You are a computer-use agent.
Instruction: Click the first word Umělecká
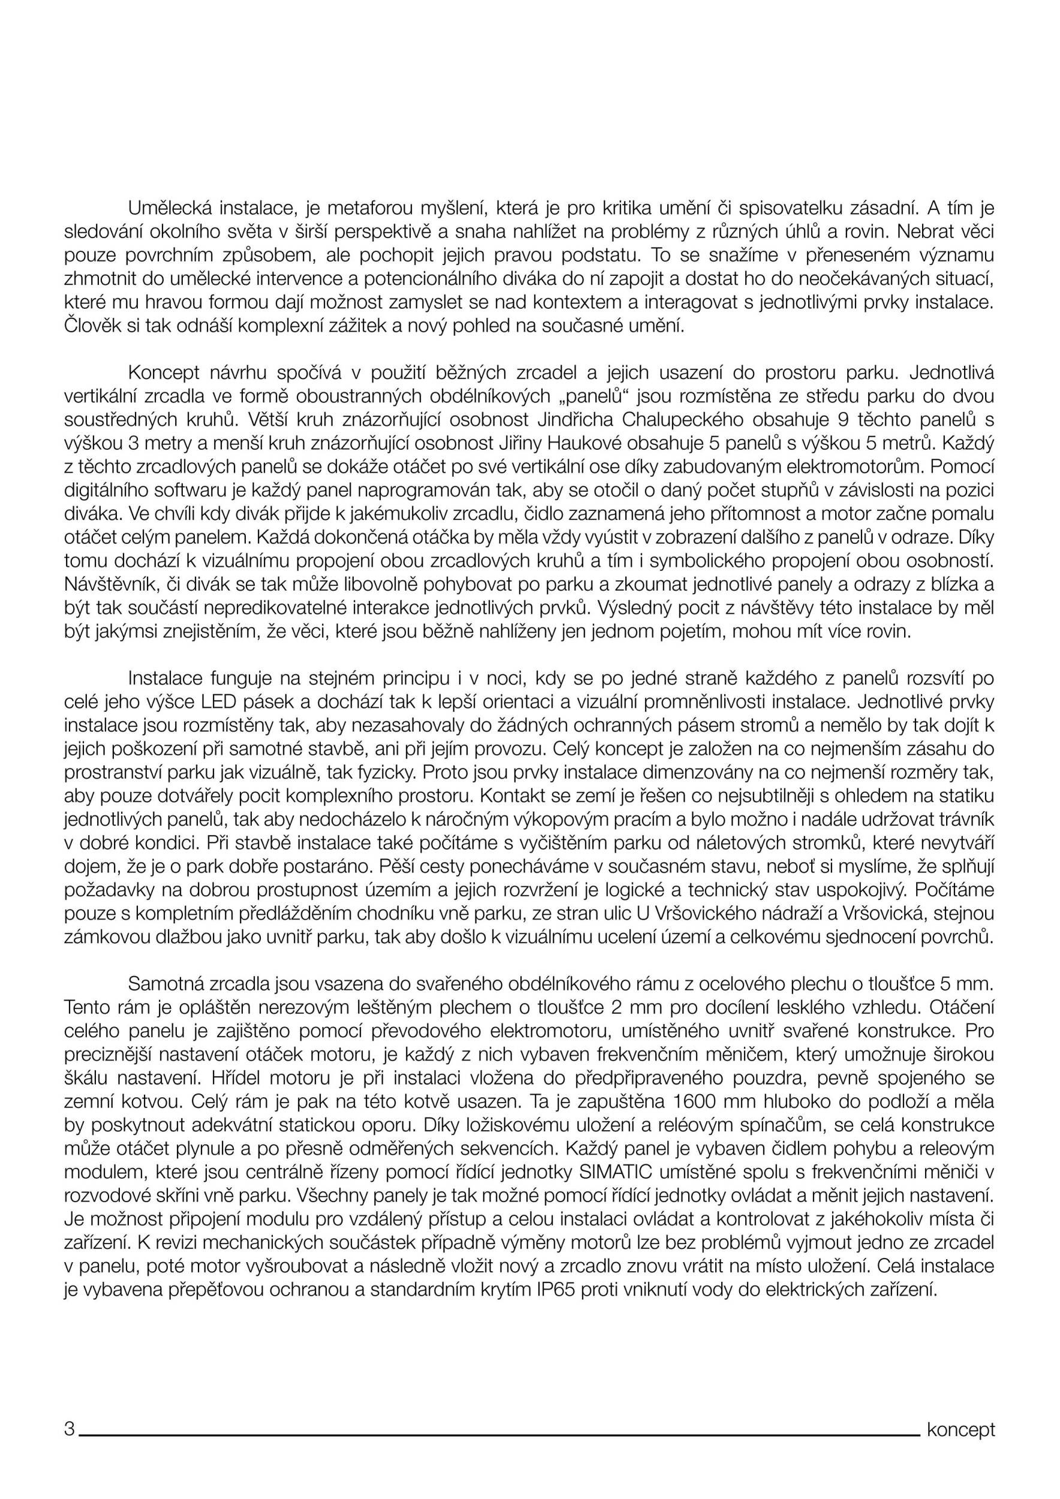[169, 208]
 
